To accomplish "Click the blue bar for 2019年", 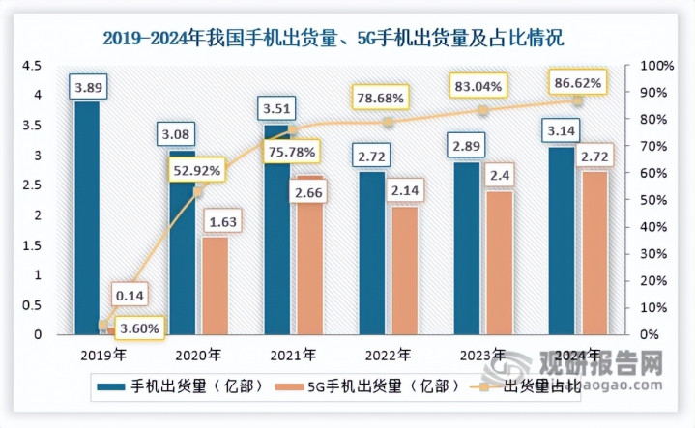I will pos(87,222).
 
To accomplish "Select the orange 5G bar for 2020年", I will pos(215,286).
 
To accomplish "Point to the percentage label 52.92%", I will pos(197,171).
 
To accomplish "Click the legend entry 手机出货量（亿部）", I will pos(184,386).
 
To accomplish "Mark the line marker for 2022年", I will pos(389,123).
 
